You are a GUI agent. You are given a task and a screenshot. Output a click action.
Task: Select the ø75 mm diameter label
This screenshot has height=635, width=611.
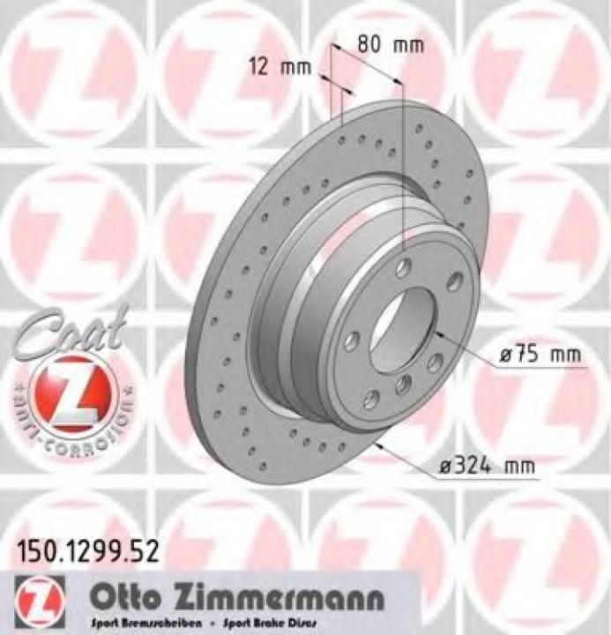pos(540,355)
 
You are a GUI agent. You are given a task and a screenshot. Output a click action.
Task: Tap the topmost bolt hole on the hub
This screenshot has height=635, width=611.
pos(404,268)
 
